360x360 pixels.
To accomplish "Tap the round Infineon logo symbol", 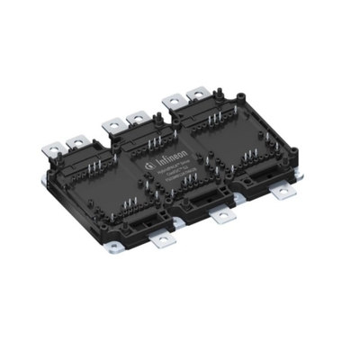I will pyautogui.click(x=149, y=168).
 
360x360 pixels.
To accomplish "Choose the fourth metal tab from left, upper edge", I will pyautogui.click(x=138, y=115).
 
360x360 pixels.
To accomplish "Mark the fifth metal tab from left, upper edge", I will pyautogui.click(x=172, y=95).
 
